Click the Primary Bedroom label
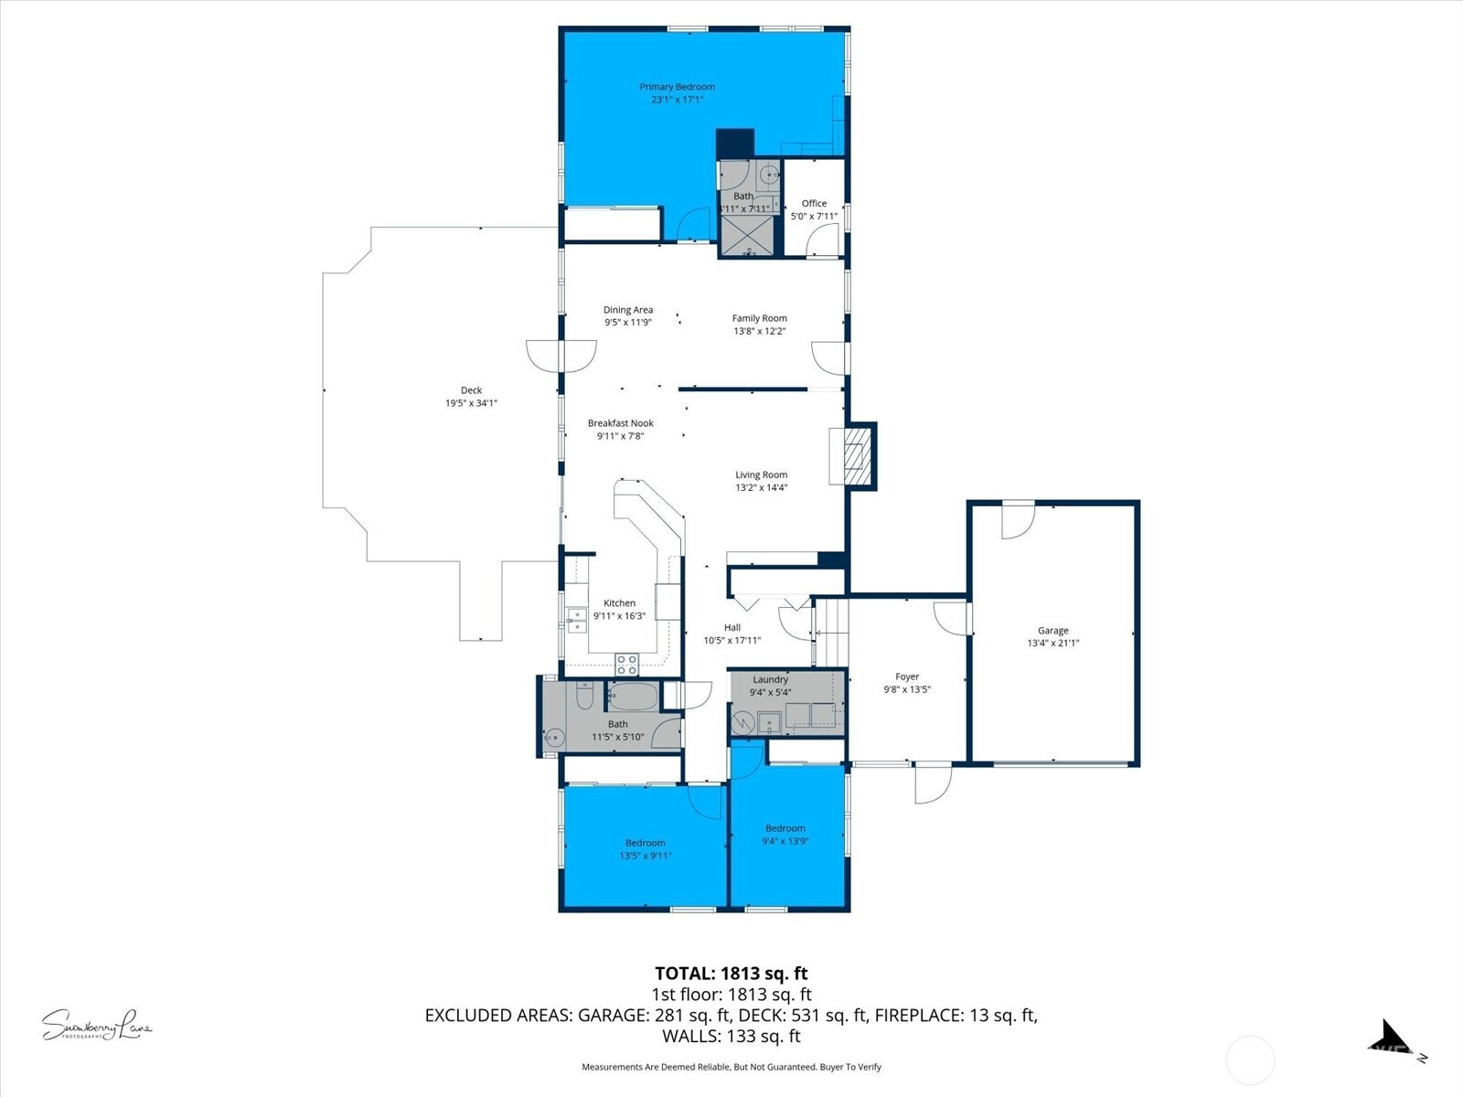(x=677, y=87)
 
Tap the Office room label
(x=814, y=204)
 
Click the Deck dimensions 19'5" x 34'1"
(x=471, y=403)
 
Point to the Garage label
(x=1052, y=631)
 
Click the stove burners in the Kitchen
(x=626, y=664)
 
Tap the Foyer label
(x=907, y=677)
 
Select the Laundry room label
(x=770, y=680)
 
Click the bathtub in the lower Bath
(x=632, y=698)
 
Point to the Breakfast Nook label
(x=620, y=423)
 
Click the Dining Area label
(x=628, y=310)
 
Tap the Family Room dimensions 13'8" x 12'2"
(x=759, y=332)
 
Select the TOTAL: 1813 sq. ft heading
(x=731, y=974)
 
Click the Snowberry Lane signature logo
(x=96, y=1025)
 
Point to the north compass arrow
(x=1389, y=1038)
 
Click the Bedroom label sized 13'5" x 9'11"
(x=645, y=843)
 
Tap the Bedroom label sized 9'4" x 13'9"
(x=785, y=828)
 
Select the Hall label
(x=731, y=628)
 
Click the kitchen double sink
(x=576, y=620)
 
